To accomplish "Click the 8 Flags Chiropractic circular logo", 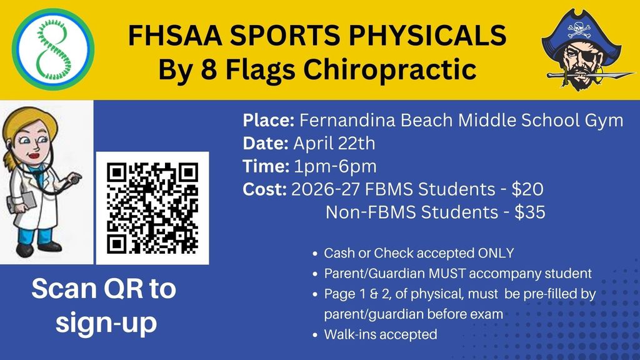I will tap(53, 49).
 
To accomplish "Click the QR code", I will tap(152, 207).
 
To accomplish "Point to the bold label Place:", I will tap(269, 120).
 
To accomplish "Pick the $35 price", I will tap(529, 212).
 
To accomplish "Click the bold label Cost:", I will tap(265, 189).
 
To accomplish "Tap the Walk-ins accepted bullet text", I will tap(381, 334).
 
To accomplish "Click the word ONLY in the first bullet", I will tap(496, 253).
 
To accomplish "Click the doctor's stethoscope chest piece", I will tap(76, 177).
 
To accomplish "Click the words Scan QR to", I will tap(104, 289).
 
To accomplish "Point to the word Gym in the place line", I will tap(606, 120).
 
